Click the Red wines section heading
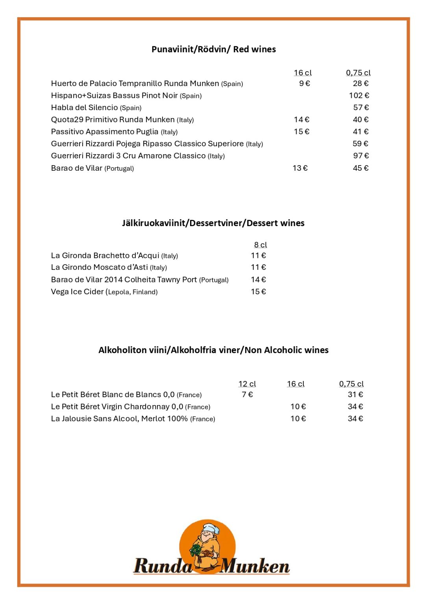213,50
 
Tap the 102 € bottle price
359,96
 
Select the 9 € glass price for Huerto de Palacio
304,83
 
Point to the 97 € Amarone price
361,156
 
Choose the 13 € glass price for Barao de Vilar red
300,168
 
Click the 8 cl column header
260,245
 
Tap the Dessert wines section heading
213,223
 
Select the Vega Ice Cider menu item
104,292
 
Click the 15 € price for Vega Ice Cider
258,292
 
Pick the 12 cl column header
247,384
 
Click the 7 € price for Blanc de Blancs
247,394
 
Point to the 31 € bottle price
355,394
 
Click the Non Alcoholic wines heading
213,350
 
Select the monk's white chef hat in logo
211,528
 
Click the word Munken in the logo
255,567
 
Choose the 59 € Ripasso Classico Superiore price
360,144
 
